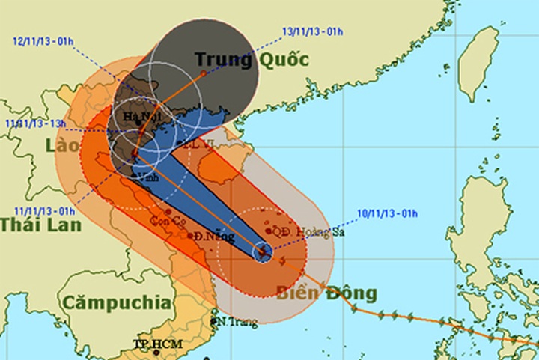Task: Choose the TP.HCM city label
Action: pyautogui.click(x=153, y=344)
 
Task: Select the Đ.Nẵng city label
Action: pyautogui.click(x=214, y=237)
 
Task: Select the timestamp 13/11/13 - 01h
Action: pyautogui.click(x=313, y=31)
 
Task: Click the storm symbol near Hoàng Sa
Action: pyautogui.click(x=263, y=251)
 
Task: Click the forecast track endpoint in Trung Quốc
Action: pyautogui.click(x=203, y=74)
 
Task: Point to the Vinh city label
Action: pyautogui.click(x=149, y=179)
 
